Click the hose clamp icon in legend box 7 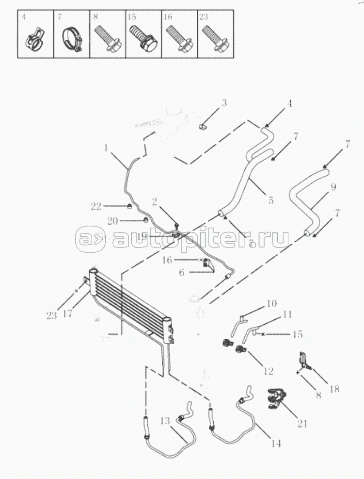click(x=73, y=40)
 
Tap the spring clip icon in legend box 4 click(x=35, y=40)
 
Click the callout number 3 click(x=224, y=103)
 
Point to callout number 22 click(x=96, y=207)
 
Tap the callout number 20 click(x=112, y=220)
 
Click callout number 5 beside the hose click(x=270, y=200)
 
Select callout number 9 click(x=333, y=187)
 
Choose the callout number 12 click(x=268, y=371)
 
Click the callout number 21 click(x=302, y=424)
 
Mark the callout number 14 click(x=276, y=443)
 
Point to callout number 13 click(x=165, y=421)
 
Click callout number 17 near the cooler click(x=67, y=314)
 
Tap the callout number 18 click(x=334, y=389)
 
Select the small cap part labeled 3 click(x=202, y=127)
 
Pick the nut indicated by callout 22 click(x=129, y=207)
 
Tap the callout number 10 click(x=271, y=303)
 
